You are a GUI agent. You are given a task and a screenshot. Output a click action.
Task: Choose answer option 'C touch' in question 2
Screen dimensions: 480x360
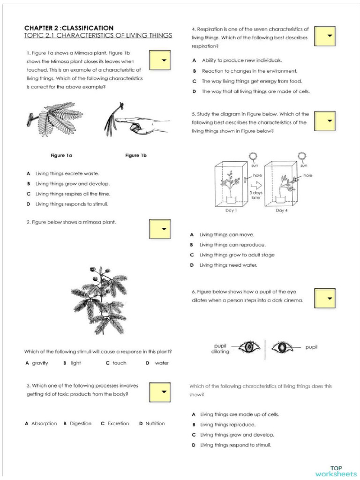point(116,363)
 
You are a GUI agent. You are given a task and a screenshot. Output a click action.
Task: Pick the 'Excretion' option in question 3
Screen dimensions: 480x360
point(115,423)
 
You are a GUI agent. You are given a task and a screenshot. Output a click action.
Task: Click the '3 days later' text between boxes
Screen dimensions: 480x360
point(255,195)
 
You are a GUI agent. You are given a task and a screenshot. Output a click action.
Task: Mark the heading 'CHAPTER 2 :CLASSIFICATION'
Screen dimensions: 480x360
point(69,28)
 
